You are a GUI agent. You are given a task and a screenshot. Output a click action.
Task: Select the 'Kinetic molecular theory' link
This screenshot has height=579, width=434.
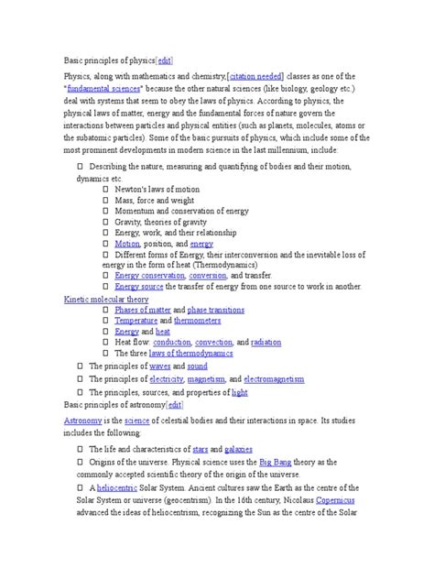click(x=105, y=299)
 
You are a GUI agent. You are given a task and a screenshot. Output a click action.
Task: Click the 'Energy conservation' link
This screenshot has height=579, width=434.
click(x=150, y=275)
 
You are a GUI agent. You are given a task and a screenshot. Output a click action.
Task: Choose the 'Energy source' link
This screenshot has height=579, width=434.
click(x=138, y=287)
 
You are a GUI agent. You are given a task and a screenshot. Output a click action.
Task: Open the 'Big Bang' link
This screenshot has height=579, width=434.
click(x=277, y=464)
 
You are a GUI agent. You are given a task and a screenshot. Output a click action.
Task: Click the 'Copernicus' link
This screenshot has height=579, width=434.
click(x=332, y=500)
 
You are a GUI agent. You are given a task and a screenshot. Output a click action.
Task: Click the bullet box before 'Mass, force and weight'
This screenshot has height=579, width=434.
click(x=105, y=200)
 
